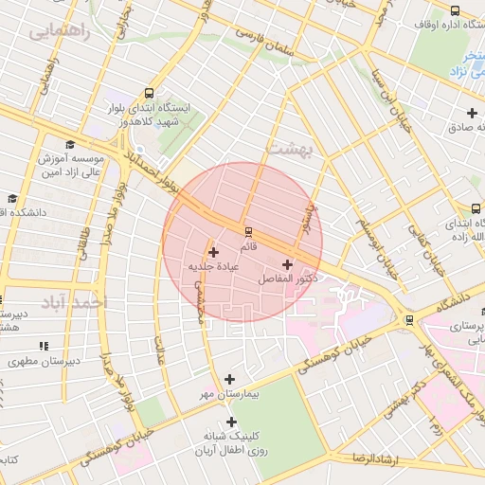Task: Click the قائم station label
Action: [248, 247]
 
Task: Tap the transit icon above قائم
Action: [248, 231]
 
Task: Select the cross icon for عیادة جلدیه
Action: [213, 252]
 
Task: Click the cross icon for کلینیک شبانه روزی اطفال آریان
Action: [230, 422]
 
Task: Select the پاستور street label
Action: [305, 216]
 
